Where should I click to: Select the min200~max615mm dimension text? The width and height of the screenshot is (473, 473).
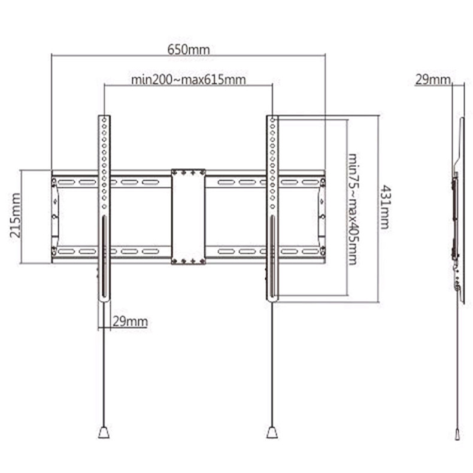189,79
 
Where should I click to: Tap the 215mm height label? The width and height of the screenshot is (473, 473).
15,216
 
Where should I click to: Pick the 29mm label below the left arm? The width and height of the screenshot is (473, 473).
130,322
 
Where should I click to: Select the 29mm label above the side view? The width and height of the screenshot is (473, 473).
432,79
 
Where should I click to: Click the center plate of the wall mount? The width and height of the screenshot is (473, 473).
188,216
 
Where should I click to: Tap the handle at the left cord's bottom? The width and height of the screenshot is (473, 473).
104,432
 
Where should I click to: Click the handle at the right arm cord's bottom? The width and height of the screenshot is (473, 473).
272,432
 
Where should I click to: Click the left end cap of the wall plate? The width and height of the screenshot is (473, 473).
55,217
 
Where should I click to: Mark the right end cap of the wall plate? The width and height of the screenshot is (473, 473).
322,217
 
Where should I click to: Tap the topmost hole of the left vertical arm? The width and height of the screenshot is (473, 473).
104,120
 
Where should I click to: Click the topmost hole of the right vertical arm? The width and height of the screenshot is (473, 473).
272,120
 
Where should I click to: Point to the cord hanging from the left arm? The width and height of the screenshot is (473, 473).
104,365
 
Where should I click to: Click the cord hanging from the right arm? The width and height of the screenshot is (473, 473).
272,365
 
